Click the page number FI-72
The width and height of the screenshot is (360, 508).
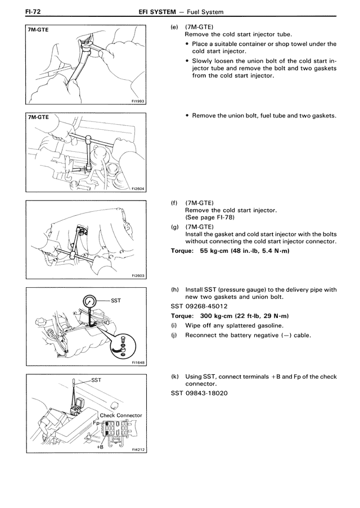coord(33,12)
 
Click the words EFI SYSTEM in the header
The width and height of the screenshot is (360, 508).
coord(157,12)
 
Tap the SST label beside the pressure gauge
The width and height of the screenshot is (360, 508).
coord(116,301)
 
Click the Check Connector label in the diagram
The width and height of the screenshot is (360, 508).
coord(120,415)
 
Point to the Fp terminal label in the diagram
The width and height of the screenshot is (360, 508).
coord(96,423)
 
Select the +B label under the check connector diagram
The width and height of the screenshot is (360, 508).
coord(100,447)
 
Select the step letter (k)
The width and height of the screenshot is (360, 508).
coord(175,377)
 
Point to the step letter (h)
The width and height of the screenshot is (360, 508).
coord(175,289)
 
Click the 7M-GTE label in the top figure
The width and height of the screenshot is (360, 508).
coord(38,30)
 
